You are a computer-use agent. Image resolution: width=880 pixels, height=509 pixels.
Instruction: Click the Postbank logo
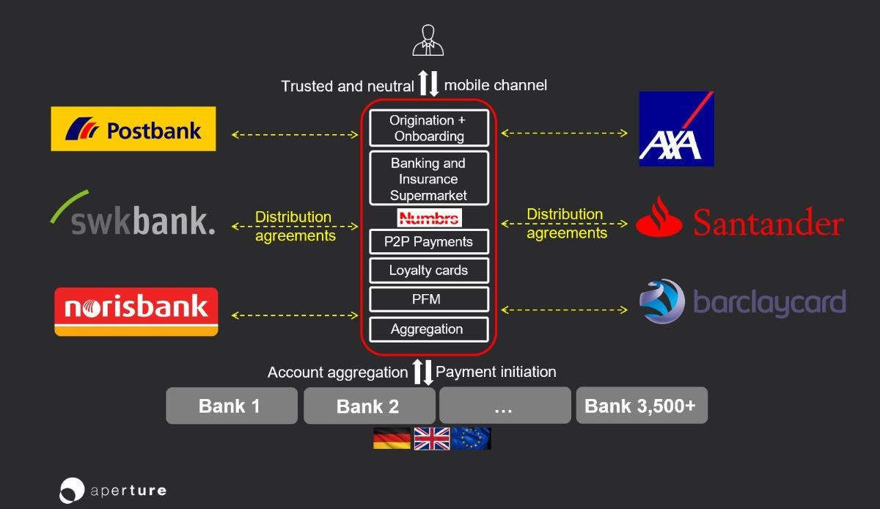pos(133,128)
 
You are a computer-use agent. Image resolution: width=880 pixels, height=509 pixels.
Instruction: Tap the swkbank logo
pos(133,213)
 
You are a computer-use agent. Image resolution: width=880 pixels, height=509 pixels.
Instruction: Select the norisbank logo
pos(136,312)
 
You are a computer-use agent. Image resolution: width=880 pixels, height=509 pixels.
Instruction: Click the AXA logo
pos(676,129)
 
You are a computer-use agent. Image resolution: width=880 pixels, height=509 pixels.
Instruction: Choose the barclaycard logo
pos(742,302)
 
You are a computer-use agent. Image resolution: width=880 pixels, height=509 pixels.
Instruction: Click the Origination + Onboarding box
pos(429,128)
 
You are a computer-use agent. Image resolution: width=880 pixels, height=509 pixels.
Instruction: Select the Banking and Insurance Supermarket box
pos(429,178)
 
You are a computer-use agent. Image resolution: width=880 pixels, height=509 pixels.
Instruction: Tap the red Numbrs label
pos(430,218)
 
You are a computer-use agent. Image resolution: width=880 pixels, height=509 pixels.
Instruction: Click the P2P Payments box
pos(429,242)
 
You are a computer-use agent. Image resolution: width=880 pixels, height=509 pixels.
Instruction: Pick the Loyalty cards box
pos(429,271)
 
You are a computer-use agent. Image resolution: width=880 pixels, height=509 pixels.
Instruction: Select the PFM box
pos(429,299)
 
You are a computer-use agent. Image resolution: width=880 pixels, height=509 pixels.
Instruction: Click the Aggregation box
pos(429,329)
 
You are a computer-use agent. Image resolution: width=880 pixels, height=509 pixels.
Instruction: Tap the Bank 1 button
pos(232,406)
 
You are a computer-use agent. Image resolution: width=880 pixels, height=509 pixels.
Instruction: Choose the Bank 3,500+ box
pos(642,406)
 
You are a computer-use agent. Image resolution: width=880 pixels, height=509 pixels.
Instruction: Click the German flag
pos(392,439)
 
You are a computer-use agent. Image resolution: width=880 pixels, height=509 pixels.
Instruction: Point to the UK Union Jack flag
pos(432,439)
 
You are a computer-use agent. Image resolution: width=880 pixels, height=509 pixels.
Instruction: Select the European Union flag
pos(471,439)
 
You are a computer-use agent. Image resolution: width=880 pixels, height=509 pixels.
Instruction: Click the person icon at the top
pos(428,40)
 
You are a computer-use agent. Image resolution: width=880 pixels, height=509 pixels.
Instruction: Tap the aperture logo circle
pos(72,491)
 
